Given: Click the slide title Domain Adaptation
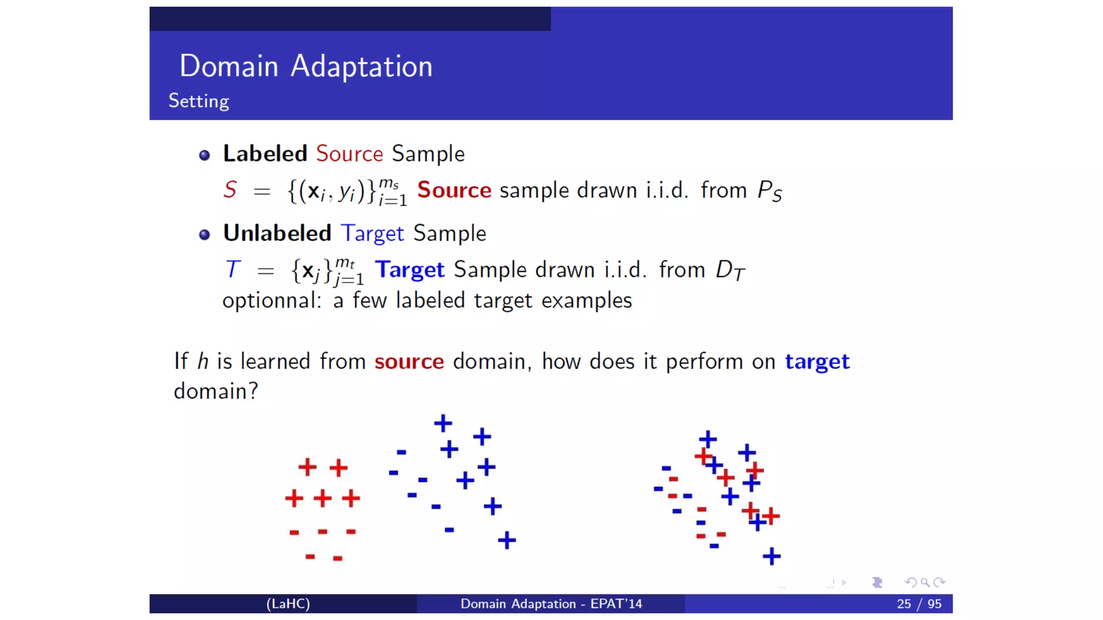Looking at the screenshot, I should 305,67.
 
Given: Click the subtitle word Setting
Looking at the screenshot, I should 199,101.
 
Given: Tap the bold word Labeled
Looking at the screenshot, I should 265,154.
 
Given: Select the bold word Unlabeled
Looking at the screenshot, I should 277,234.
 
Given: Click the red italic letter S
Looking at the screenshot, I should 230,190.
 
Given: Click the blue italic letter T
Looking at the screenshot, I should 232,270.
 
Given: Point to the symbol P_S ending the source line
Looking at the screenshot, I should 769,191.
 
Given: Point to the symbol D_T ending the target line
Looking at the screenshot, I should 730,270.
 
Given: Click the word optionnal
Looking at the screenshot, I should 271,301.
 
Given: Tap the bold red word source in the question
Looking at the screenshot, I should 409,362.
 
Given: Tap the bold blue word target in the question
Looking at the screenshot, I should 817,362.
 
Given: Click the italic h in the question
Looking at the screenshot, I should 203,361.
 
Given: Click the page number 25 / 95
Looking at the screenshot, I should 919,604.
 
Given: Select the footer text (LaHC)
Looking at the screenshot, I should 288,604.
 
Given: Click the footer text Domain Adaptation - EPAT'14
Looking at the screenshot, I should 551,604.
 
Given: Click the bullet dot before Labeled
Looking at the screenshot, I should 204,156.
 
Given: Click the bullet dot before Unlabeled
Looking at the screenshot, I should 204,235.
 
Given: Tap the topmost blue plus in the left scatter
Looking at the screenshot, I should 443,423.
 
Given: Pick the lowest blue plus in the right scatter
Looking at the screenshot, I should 771,556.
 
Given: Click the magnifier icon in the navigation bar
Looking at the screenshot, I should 925,582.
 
